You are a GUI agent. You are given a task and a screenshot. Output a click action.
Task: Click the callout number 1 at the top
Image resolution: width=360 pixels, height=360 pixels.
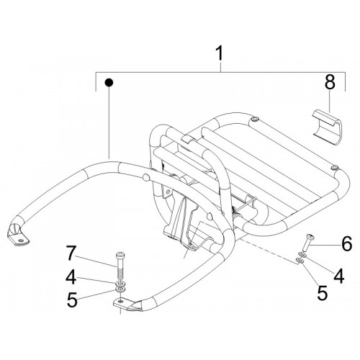(x=220, y=53)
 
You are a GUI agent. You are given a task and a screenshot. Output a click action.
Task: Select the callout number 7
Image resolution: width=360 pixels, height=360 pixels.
(x=71, y=253)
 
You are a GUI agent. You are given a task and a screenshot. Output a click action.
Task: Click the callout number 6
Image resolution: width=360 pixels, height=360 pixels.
(x=346, y=243)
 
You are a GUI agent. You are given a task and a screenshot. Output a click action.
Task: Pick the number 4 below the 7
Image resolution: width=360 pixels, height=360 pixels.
(x=71, y=277)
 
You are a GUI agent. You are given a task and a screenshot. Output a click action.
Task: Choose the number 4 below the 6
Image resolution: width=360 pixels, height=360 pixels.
(x=339, y=276)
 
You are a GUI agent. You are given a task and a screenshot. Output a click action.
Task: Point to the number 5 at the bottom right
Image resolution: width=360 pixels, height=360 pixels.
(x=322, y=293)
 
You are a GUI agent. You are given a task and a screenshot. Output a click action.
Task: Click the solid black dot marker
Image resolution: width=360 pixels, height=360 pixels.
(x=109, y=83)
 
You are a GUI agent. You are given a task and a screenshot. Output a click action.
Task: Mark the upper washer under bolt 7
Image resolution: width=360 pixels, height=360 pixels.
(x=120, y=284)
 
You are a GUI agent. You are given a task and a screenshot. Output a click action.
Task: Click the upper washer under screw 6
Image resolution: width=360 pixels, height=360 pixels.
(x=302, y=254)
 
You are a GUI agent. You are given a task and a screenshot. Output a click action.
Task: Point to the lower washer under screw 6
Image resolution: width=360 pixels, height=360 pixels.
(x=300, y=260)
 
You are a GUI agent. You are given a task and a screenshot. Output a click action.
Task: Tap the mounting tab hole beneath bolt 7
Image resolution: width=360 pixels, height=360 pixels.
(x=120, y=301)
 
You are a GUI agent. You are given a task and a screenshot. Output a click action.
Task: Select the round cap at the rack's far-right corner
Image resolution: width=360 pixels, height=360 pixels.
(x=333, y=167)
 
